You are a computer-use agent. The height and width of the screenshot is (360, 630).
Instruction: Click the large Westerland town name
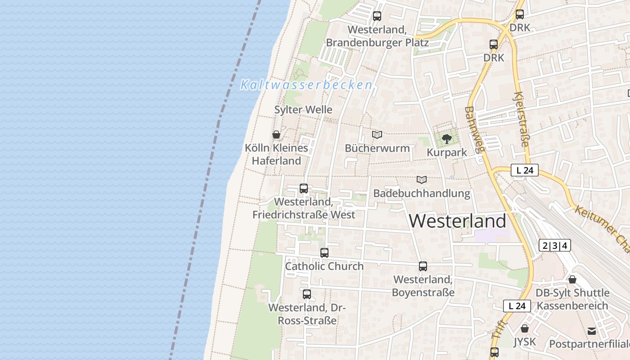[x=458, y=221]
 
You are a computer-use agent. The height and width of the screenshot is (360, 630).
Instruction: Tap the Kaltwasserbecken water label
[x=306, y=85]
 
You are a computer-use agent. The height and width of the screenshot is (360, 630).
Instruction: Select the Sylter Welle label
[x=303, y=109]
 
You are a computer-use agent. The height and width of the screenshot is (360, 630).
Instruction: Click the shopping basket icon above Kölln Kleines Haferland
[x=276, y=135]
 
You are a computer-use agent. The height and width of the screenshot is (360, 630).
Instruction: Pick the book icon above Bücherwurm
[x=377, y=135]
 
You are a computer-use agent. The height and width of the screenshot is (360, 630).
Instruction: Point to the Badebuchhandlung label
[x=422, y=193]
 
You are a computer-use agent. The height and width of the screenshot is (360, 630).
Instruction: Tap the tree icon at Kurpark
[x=446, y=139]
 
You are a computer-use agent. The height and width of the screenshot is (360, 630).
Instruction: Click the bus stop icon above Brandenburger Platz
[x=377, y=16]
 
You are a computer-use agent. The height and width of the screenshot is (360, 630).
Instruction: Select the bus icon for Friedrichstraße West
[x=304, y=189]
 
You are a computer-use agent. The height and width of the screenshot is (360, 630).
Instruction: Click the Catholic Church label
[x=324, y=266]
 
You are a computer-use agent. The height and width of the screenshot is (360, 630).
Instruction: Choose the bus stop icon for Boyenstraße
[x=423, y=266]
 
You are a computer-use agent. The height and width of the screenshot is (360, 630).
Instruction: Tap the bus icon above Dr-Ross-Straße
[x=307, y=294]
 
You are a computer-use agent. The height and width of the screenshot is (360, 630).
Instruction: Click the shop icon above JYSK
[x=524, y=328]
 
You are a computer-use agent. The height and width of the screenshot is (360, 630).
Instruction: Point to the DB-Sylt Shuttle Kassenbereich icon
[x=572, y=279]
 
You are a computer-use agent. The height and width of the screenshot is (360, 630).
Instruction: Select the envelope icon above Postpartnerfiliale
[x=592, y=331]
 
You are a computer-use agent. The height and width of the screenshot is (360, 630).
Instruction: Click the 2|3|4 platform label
[x=554, y=246]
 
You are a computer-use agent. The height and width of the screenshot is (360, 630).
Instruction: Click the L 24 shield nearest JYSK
[x=517, y=306]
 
